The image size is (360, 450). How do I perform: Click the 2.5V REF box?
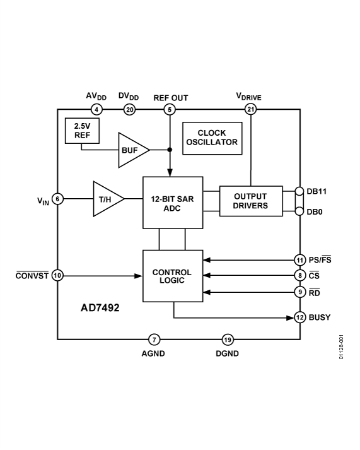pos(78,130)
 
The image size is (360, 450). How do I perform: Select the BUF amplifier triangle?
pos(131,150)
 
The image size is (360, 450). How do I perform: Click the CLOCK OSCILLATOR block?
pos(211,138)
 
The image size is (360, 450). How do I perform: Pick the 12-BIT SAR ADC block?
pos(173,203)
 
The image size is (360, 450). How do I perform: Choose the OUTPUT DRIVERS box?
pos(251,201)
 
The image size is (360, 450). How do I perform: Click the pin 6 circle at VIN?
pos(57,198)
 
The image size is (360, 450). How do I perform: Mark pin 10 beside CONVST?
pos(57,275)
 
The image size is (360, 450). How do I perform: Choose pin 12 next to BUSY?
pos(299,317)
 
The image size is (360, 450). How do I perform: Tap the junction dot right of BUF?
pos(170,150)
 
